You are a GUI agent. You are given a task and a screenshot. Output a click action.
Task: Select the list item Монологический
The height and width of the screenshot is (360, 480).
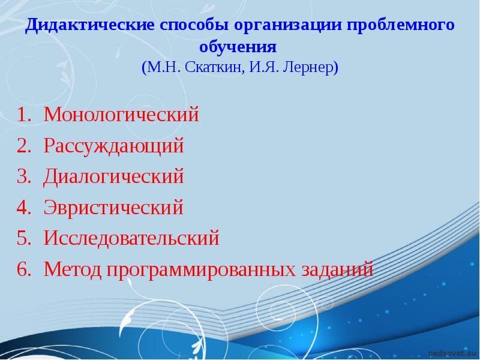coord(121,115)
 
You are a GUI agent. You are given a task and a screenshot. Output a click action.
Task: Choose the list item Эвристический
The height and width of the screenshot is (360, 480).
coord(113,208)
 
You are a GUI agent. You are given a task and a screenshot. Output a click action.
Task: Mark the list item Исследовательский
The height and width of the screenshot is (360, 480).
coord(131,238)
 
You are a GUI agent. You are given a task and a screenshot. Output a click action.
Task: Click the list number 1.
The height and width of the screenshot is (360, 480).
coord(22,115)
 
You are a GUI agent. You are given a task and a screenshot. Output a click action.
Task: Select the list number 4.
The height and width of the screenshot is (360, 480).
coord(22,208)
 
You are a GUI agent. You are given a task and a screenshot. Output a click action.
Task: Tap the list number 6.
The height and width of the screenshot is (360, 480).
coord(22,269)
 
